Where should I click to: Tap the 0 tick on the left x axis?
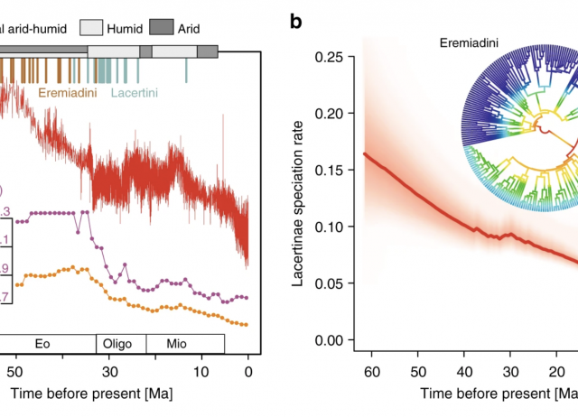(x=248, y=372)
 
